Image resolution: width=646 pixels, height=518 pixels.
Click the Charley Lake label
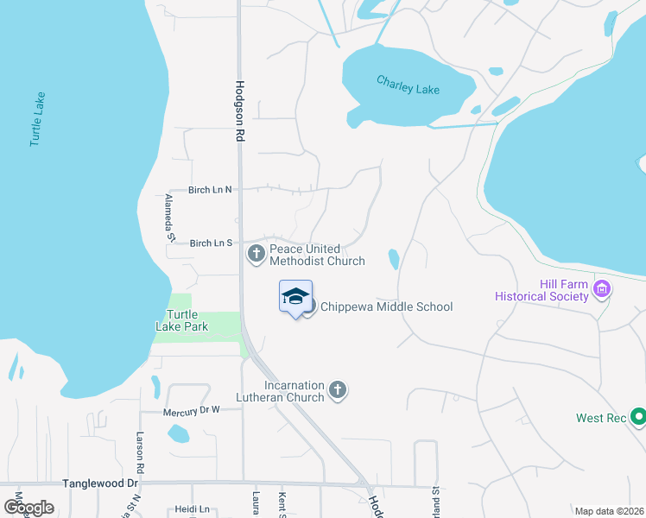point(408,85)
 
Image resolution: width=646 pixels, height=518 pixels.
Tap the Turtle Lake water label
point(36,118)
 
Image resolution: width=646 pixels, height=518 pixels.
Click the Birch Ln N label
point(211,190)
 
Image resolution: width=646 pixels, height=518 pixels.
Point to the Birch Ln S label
point(211,243)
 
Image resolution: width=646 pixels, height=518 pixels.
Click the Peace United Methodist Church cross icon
point(256,254)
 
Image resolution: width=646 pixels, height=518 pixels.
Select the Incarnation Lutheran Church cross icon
point(338,391)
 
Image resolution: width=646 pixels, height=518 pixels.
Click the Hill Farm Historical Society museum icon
point(602,290)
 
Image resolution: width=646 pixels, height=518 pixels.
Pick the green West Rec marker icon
point(638,418)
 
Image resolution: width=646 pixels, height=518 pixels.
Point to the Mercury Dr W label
point(192,411)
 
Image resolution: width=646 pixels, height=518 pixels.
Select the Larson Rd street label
point(139,448)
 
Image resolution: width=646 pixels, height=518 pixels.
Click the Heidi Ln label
point(192,509)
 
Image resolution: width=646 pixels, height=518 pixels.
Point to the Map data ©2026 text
point(609,511)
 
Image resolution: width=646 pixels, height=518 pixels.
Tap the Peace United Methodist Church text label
point(317,254)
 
